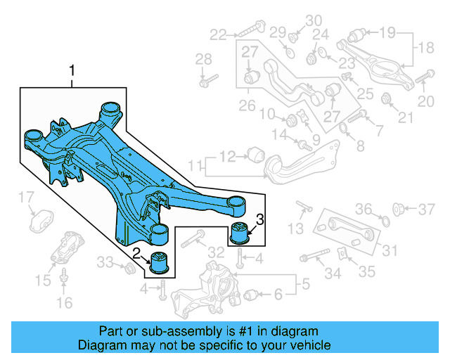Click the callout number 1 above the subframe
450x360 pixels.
(72, 71)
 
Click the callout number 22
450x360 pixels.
(218, 33)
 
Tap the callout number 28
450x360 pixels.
(203, 58)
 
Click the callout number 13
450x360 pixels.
(296, 227)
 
